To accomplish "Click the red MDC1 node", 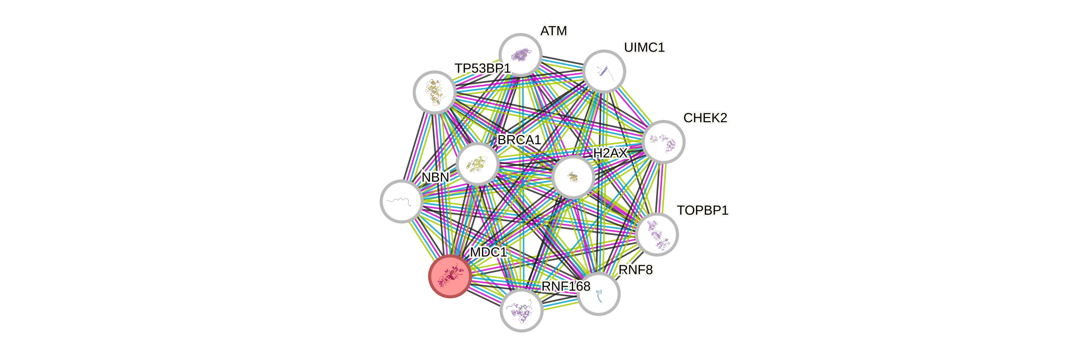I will pyautogui.click(x=450, y=276).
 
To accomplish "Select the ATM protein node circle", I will pyautogui.click(x=520, y=54).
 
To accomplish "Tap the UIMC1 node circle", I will pyautogui.click(x=604, y=71).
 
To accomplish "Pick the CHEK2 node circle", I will pyautogui.click(x=664, y=142).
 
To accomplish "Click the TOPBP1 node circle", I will pyautogui.click(x=657, y=234).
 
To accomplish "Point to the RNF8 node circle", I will pyautogui.click(x=599, y=294).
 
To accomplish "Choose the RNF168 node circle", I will pyautogui.click(x=521, y=310).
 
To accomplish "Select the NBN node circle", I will pyautogui.click(x=401, y=201).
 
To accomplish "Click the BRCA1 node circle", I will pyautogui.click(x=477, y=164).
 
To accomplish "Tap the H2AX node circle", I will pyautogui.click(x=573, y=177).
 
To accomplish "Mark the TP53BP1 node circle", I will pyautogui.click(x=434, y=92).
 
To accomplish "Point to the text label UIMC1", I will pyautogui.click(x=644, y=48).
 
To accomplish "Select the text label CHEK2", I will pyautogui.click(x=705, y=118).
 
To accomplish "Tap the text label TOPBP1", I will pyautogui.click(x=702, y=210).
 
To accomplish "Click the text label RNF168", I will pyautogui.click(x=565, y=286).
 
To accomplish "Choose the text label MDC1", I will pyautogui.click(x=488, y=252).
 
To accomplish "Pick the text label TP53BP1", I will pyautogui.click(x=482, y=68).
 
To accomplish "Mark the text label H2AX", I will pyautogui.click(x=610, y=153).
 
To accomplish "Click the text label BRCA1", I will pyautogui.click(x=519, y=140).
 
